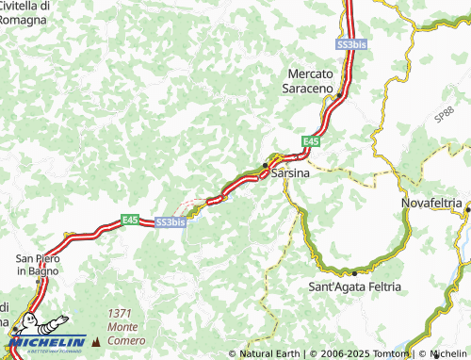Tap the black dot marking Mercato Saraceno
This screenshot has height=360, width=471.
(339, 95)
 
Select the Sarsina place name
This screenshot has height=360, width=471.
(291, 174)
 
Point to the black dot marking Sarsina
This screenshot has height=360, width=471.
(265, 167)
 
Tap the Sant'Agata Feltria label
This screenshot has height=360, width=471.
(355, 286)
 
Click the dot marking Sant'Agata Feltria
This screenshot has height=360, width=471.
(353, 272)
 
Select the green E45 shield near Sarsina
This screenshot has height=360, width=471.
(310, 140)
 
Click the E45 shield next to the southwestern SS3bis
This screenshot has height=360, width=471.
(130, 220)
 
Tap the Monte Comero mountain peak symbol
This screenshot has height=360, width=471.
(96, 338)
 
